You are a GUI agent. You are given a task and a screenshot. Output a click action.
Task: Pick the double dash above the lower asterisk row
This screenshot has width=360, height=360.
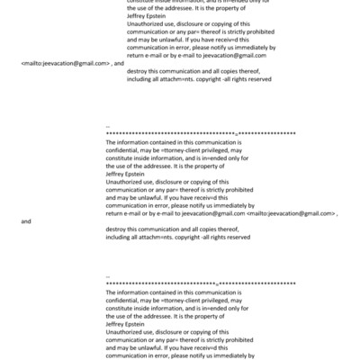(108, 276)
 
